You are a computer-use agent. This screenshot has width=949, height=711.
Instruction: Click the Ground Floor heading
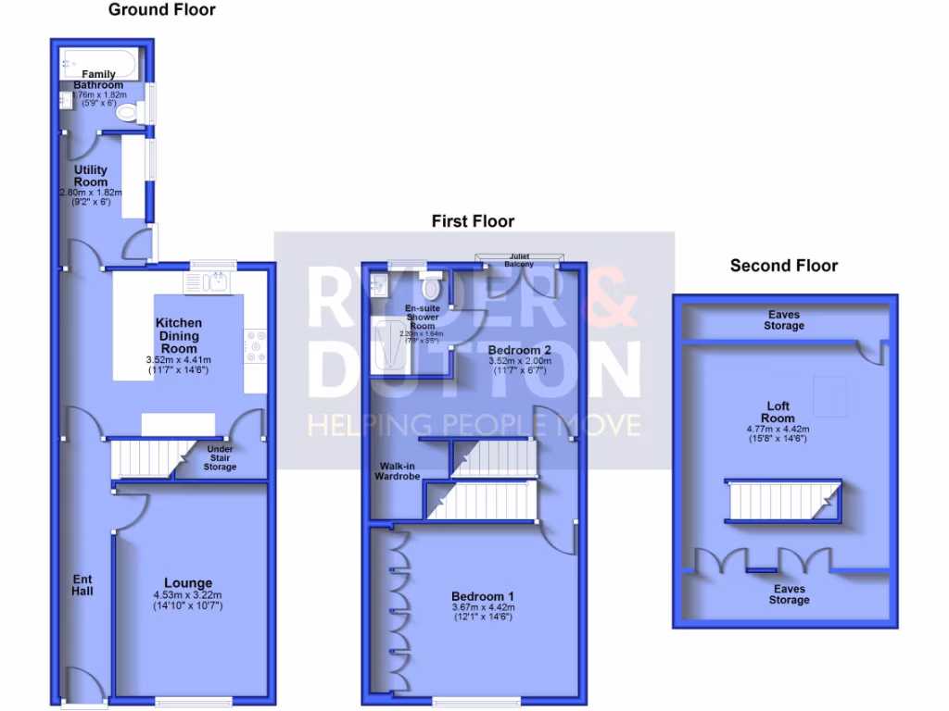[x=162, y=10]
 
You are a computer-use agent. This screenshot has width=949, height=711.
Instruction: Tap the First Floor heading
[x=473, y=221]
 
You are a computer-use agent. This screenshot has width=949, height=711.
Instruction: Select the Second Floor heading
[x=784, y=266]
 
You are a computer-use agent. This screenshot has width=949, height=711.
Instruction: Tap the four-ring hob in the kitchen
[x=255, y=347]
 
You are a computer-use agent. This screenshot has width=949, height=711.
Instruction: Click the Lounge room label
[x=189, y=583]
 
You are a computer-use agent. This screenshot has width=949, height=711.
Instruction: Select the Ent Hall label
[x=83, y=585]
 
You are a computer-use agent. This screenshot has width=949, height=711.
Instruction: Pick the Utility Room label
[x=91, y=176]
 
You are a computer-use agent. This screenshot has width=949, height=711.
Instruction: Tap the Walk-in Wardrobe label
[x=398, y=470]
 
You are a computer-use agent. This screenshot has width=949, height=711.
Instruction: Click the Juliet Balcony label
[x=519, y=259]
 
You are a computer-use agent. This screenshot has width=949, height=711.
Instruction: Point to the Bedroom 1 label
[x=483, y=595]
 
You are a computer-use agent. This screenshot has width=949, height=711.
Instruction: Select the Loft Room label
[x=778, y=412]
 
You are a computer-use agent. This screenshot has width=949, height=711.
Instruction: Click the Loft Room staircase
[x=784, y=501]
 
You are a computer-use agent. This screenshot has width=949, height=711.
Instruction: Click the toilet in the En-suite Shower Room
[x=430, y=274]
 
